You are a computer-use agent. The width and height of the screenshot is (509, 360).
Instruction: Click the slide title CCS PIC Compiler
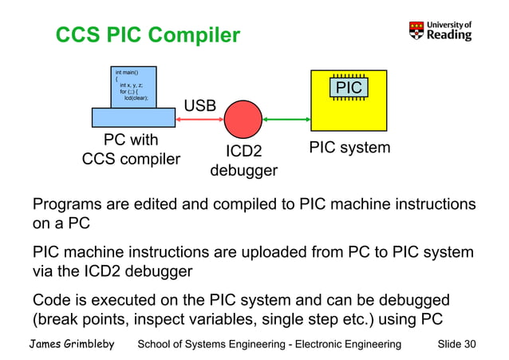pos(147,36)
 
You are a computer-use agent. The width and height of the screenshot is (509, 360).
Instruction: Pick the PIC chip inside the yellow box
pos(349,88)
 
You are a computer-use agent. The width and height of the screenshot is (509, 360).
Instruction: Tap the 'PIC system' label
pos(349,148)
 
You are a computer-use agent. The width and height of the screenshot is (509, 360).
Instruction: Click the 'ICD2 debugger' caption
pos(243,160)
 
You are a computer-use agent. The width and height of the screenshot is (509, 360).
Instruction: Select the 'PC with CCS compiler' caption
pos(132,150)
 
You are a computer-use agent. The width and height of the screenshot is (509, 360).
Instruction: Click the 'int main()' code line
pos(127,73)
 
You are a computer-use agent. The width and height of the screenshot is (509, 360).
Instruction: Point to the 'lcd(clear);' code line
pos(136,97)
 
